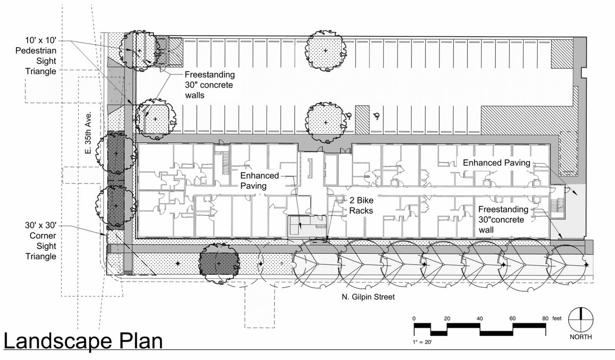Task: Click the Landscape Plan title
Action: coord(83,342)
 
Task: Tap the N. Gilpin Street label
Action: coord(368,297)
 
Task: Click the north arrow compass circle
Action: coord(581,320)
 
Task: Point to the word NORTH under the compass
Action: coord(581,337)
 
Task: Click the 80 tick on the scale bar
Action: coord(545,318)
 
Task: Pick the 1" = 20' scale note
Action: coord(422,342)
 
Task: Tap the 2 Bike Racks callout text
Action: coord(361,206)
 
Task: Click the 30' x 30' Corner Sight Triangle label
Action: coord(41,241)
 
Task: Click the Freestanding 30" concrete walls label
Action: coord(210,85)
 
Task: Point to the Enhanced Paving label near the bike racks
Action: coord(259,181)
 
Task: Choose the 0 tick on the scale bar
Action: coord(414,318)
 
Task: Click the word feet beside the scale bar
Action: coord(557,318)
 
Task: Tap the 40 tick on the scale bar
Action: coord(480,318)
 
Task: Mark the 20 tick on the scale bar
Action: coord(447,318)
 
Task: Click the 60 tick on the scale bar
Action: coord(512,318)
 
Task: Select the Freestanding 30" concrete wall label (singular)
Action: coord(503,219)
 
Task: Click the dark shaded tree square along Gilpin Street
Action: coord(219,264)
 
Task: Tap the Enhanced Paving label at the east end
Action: coord(497,163)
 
